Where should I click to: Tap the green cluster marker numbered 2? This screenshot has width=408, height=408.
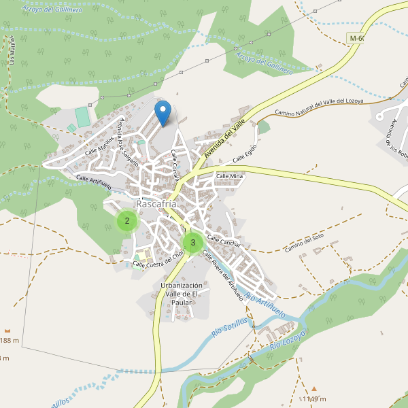pyautogui.click(x=126, y=221)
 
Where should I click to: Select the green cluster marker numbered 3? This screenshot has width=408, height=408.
pyautogui.click(x=192, y=242)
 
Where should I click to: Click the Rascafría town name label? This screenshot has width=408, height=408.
pyautogui.click(x=156, y=204)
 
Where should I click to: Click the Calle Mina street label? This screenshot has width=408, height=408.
pyautogui.click(x=229, y=176)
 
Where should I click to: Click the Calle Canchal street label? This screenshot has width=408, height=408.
pyautogui.click(x=223, y=240)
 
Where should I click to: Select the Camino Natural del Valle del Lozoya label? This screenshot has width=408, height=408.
pyautogui.click(x=319, y=107)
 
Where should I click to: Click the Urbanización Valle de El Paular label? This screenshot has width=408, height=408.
pyautogui.click(x=181, y=293)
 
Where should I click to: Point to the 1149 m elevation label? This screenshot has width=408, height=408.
pyautogui.click(x=314, y=399)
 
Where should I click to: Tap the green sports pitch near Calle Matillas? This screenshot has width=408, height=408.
pyautogui.click(x=82, y=116)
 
